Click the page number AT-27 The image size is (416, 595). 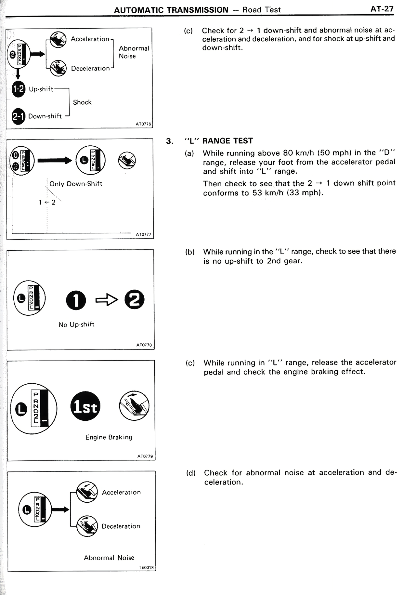382,9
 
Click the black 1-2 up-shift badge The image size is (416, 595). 18,89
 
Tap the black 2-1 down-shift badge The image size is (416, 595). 18,116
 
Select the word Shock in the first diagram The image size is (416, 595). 82,102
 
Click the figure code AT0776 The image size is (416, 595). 143,124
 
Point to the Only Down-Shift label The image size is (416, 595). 76,184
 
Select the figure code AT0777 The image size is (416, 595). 143,234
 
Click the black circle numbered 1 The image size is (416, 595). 76,300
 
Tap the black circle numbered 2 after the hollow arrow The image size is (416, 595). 134,299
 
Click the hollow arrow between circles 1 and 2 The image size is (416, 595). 107,300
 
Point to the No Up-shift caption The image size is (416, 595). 76,324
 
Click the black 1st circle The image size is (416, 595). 85,407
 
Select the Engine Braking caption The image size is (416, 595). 109,437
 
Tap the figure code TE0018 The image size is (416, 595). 146,567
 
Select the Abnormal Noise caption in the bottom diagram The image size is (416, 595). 109,558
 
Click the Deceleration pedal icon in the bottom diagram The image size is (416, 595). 87,526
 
